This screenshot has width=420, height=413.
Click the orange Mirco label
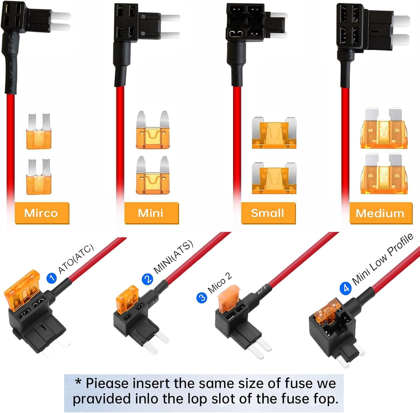(x=42, y=213)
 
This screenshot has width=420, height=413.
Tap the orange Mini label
(x=151, y=213)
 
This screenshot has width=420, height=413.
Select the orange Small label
(x=268, y=213)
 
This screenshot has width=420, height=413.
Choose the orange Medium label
(x=381, y=213)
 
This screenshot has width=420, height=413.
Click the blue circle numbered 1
(x=52, y=278)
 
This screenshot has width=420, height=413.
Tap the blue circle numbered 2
(x=147, y=279)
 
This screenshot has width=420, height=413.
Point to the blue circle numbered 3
(x=202, y=297)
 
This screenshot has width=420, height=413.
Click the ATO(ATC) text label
(x=76, y=259)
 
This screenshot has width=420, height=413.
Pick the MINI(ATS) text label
(x=174, y=257)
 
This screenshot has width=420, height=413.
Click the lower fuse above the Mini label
(x=153, y=175)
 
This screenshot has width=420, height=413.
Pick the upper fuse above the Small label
(x=274, y=133)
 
